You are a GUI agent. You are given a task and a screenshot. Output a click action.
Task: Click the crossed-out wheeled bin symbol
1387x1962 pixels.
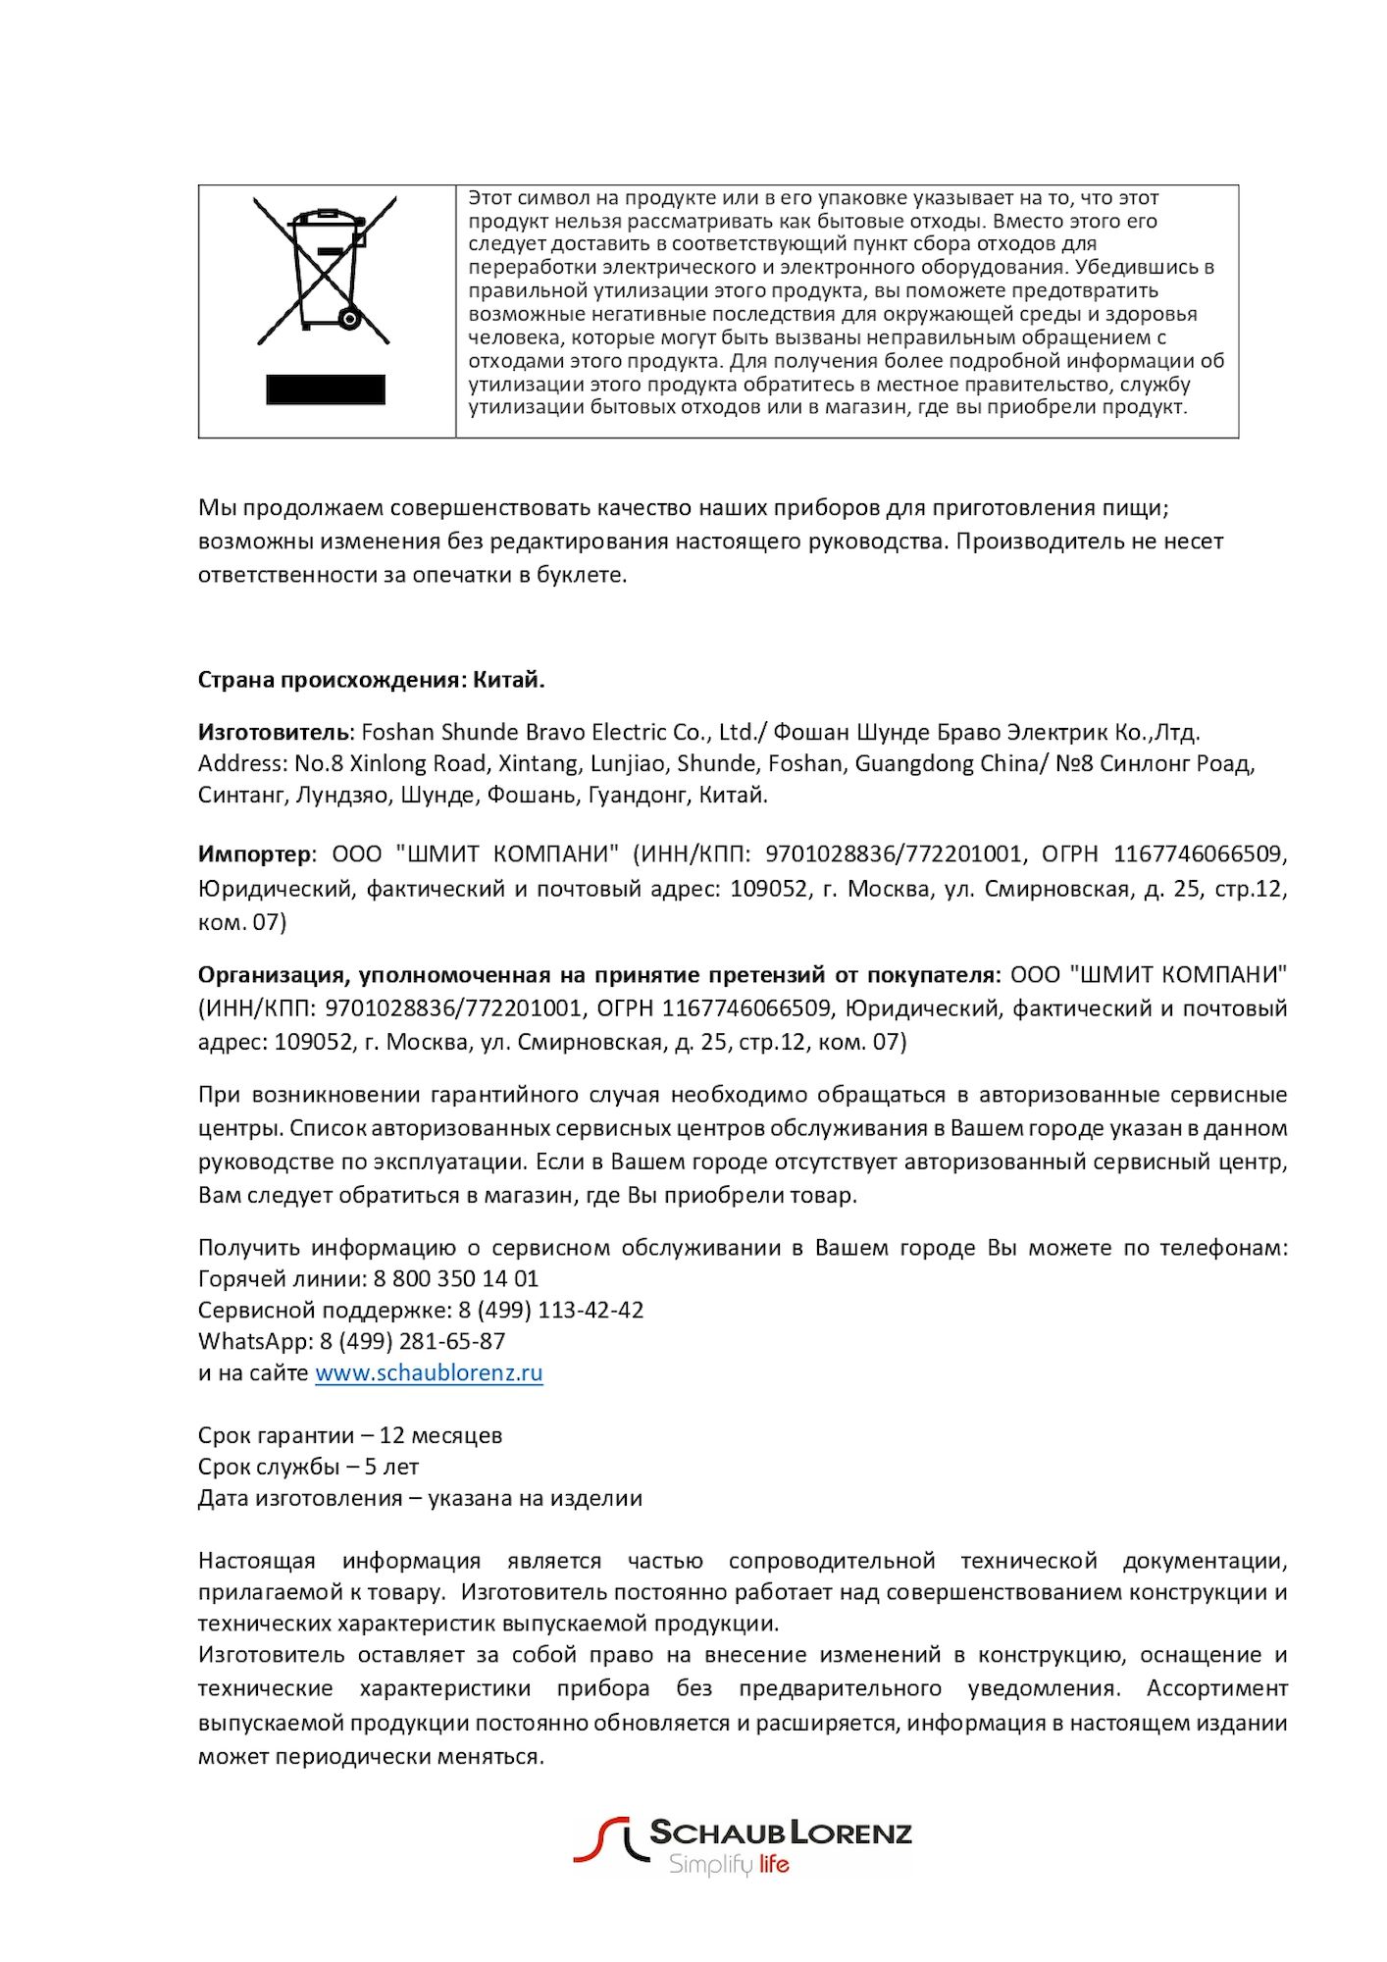[x=325, y=270]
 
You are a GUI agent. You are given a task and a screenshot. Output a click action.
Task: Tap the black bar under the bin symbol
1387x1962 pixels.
[x=325, y=389]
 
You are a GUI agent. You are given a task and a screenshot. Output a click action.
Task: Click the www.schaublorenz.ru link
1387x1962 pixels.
[x=429, y=1372]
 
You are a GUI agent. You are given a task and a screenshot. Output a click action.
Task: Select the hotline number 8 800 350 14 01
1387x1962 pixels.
[x=456, y=1278]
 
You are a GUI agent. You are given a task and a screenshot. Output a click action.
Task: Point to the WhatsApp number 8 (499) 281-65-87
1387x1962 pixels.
[x=413, y=1341]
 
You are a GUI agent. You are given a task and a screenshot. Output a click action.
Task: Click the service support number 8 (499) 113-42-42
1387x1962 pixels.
[x=551, y=1310]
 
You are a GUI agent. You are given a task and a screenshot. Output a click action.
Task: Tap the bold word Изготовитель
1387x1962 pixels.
[x=274, y=732]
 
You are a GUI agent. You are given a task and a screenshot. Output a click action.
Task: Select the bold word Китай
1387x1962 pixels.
[x=508, y=680]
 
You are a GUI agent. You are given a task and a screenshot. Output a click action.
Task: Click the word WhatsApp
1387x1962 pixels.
[x=254, y=1341]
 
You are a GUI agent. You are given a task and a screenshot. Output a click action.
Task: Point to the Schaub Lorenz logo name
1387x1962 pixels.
[x=781, y=1833]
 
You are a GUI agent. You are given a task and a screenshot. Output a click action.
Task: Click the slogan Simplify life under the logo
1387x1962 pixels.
[x=729, y=1864]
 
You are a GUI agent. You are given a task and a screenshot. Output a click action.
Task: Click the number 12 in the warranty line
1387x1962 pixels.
[x=392, y=1435]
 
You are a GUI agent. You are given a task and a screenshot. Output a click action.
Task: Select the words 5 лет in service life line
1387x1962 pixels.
[x=391, y=1467]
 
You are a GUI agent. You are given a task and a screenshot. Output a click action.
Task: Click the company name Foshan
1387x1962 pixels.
[x=398, y=732]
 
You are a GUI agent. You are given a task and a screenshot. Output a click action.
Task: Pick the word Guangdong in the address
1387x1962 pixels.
[x=908, y=763]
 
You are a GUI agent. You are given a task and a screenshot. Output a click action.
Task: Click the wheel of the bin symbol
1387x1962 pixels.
[x=348, y=318]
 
